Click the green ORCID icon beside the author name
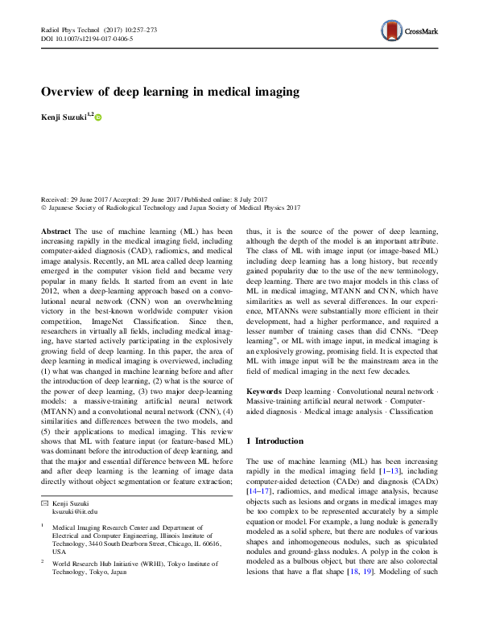[x=99, y=117]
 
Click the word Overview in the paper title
[x=70, y=91]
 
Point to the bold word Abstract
[x=56, y=231]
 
